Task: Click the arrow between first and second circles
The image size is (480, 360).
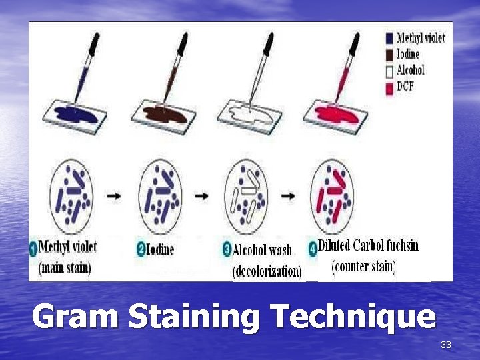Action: point(115,197)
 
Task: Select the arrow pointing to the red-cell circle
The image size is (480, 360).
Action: point(288,197)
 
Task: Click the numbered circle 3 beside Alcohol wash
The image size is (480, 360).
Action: point(227,250)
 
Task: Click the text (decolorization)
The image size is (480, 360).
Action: point(267,271)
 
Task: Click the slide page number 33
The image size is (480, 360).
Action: point(446,345)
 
